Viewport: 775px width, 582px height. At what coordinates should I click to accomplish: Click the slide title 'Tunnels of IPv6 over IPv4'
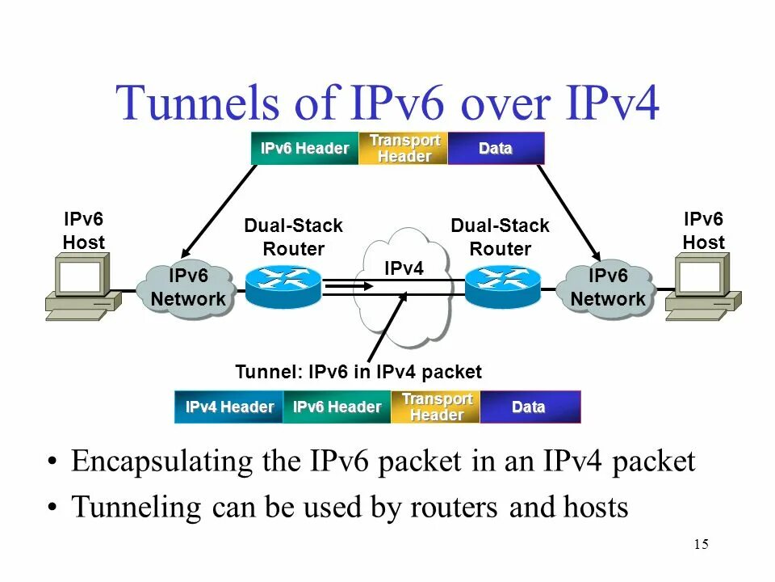[387, 102]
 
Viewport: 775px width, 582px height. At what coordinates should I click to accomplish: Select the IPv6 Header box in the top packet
[304, 149]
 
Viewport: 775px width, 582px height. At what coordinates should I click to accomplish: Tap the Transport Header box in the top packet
[404, 149]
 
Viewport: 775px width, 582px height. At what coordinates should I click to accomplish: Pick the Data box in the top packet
[496, 149]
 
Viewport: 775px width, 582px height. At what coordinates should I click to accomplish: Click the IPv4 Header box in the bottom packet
[229, 407]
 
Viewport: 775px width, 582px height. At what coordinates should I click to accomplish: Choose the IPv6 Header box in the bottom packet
[337, 407]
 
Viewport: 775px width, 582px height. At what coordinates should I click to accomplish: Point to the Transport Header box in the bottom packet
[436, 407]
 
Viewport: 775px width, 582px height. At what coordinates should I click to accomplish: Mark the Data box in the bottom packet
[530, 407]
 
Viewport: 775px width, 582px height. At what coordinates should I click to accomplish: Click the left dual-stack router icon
[283, 286]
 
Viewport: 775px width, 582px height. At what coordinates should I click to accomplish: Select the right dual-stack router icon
[502, 286]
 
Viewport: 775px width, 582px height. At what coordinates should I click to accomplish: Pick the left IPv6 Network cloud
[187, 289]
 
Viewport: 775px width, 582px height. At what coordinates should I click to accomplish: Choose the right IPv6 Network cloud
[607, 289]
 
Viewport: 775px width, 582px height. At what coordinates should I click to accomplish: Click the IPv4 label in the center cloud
[404, 268]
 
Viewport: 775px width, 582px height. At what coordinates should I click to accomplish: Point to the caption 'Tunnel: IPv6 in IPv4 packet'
[358, 373]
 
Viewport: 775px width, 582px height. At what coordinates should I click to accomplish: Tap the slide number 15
[701, 544]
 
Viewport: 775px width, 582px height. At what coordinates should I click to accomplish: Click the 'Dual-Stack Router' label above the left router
[293, 237]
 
